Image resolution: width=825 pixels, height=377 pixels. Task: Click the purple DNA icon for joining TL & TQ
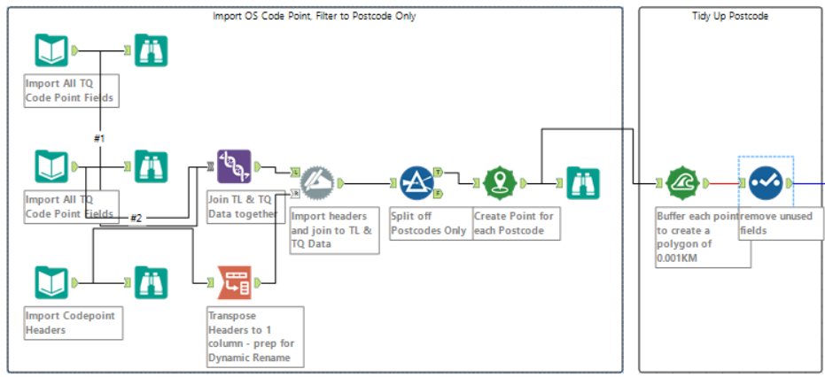(x=234, y=165)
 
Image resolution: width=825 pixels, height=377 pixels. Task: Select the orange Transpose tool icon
(x=234, y=282)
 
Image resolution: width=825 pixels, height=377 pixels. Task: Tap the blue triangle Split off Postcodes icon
(x=416, y=183)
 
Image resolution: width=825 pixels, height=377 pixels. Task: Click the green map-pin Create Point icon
(x=500, y=183)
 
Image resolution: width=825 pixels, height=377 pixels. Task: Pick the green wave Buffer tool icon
(x=681, y=183)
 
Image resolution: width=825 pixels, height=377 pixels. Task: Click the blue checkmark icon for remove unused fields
(x=765, y=183)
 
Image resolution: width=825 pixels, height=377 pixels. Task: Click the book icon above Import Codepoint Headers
(x=51, y=282)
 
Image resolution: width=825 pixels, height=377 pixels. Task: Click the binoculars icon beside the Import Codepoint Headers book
(x=151, y=282)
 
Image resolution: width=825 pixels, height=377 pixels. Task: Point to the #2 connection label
(x=136, y=218)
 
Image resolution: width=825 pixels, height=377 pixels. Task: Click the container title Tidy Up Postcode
(x=730, y=16)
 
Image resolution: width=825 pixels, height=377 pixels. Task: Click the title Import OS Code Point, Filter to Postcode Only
(x=315, y=16)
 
